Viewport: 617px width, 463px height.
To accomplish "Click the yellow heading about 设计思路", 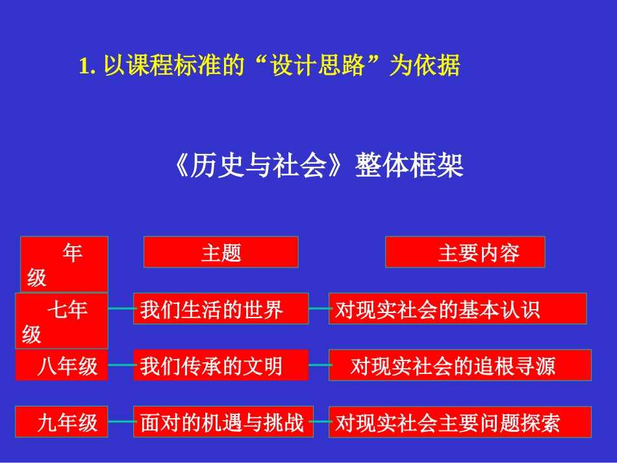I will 269,66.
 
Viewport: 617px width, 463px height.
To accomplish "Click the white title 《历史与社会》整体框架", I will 318,166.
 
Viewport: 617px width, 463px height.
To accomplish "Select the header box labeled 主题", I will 221,252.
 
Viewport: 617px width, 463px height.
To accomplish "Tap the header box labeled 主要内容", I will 465,252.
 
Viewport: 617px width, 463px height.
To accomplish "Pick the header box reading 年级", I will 64,264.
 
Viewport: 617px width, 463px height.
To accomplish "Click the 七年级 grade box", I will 62,321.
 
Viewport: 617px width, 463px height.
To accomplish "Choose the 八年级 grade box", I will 62,366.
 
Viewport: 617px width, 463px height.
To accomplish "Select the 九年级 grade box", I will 62,422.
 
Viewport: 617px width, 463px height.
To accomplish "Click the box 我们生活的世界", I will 221,308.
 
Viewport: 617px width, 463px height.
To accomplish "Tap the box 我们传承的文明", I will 221,366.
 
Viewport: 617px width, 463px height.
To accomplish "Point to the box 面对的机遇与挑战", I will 223,422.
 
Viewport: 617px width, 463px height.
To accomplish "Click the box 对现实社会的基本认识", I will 457,308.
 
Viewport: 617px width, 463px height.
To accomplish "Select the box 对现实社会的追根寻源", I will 460,366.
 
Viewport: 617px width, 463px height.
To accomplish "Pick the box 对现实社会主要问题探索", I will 460,422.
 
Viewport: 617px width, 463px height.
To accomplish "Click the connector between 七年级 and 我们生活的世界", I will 121,308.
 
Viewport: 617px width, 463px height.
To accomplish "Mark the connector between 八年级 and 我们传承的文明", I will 121,366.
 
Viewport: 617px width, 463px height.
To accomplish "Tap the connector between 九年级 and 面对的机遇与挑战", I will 121,422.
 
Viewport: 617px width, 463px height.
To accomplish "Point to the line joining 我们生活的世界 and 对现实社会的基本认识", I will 319,308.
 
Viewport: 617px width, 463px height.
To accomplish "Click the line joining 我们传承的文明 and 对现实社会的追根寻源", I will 319,366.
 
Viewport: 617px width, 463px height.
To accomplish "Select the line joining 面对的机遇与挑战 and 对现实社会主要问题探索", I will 321,422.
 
